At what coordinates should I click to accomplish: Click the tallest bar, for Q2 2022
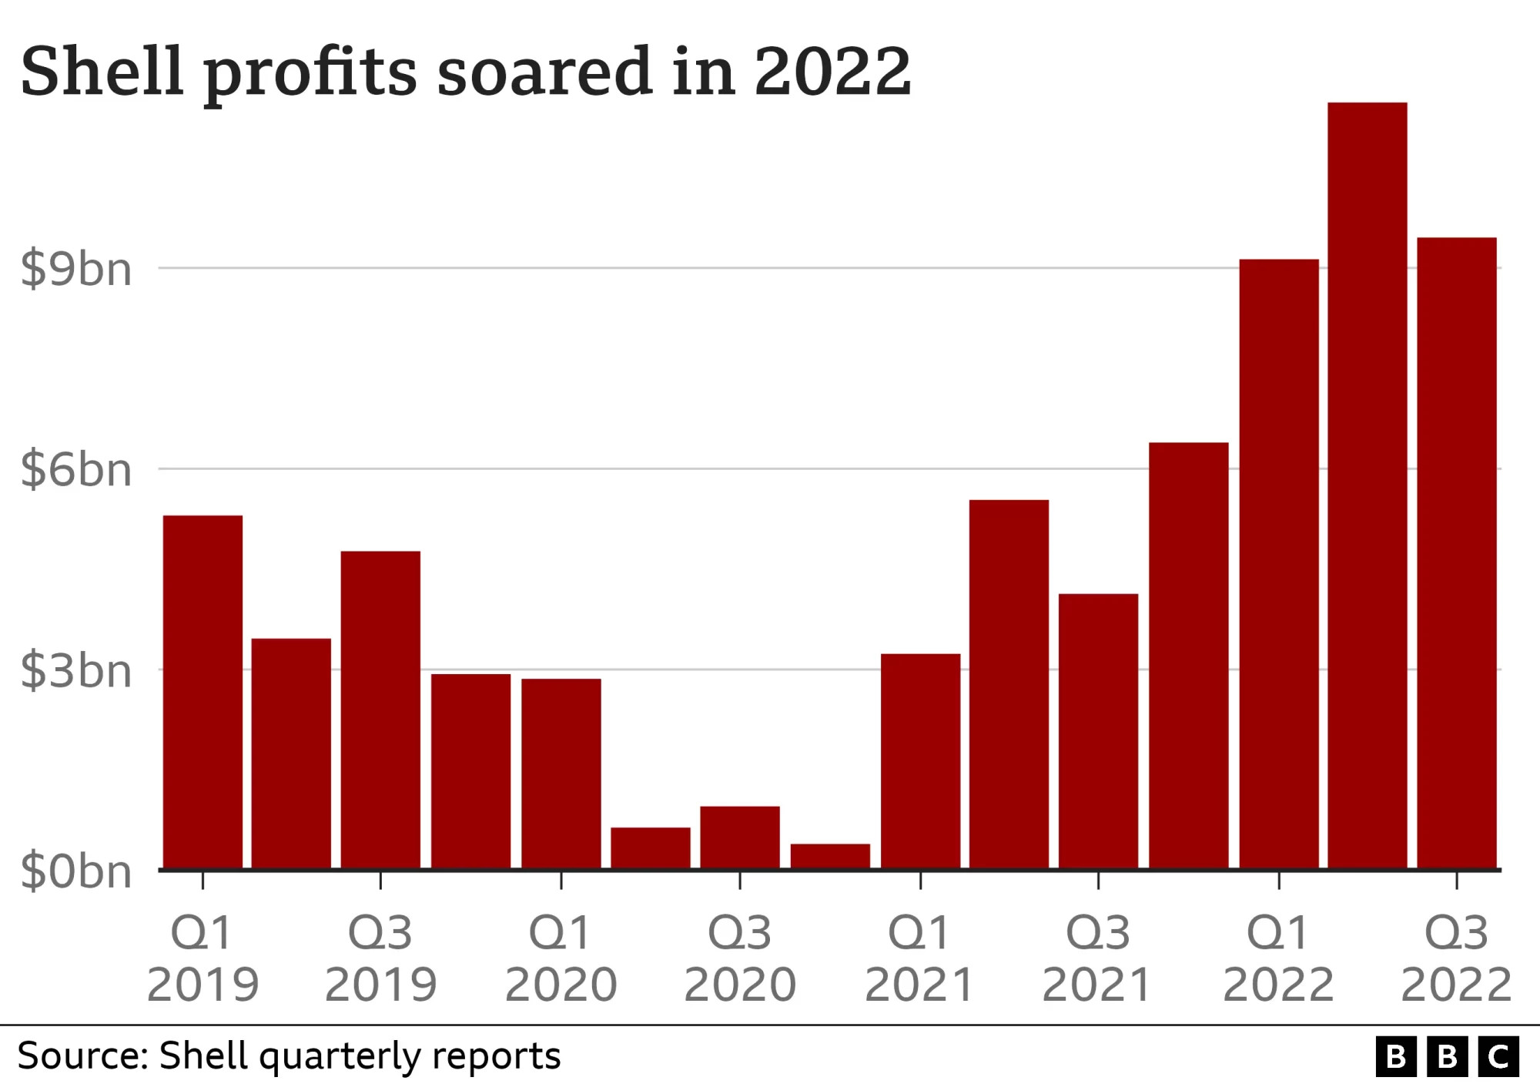coord(1368,485)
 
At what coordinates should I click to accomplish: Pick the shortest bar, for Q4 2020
coord(830,856)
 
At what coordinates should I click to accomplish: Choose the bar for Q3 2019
coord(380,710)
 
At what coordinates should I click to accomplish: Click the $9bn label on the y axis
coord(76,270)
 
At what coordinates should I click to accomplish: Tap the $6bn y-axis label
coord(76,470)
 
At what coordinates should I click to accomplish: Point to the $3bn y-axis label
coord(76,671)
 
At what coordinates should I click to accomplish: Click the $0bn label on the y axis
coord(76,872)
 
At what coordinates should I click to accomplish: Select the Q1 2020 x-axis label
coord(561,958)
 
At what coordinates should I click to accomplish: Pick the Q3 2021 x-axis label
coord(1097,958)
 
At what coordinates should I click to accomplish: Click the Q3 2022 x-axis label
coord(1456,958)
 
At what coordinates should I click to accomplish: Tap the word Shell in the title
coord(102,71)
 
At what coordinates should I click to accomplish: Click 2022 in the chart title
coord(832,71)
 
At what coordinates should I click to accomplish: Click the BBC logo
coord(1447,1057)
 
